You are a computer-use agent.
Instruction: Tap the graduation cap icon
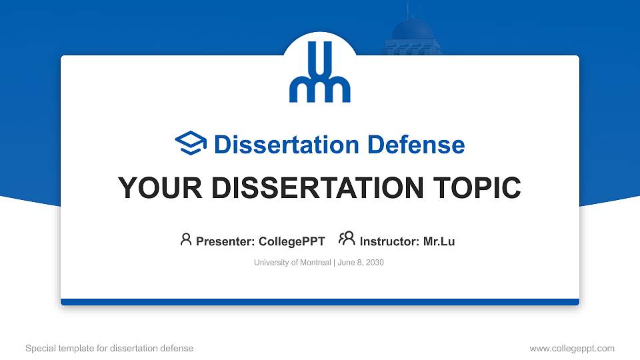point(191,143)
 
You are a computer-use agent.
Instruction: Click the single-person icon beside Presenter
point(186,239)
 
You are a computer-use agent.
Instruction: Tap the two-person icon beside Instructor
point(347,239)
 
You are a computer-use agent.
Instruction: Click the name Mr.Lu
point(439,241)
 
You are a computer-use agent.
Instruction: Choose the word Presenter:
point(225,241)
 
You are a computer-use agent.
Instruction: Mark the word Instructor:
point(390,241)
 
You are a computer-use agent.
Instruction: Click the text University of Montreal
point(292,263)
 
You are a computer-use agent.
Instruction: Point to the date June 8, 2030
point(361,263)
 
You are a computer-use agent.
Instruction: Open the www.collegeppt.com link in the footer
point(572,348)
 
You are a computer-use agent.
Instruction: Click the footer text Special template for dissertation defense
point(109,348)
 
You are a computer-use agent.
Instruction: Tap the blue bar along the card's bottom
point(320,302)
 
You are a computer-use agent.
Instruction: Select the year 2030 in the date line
point(375,263)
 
